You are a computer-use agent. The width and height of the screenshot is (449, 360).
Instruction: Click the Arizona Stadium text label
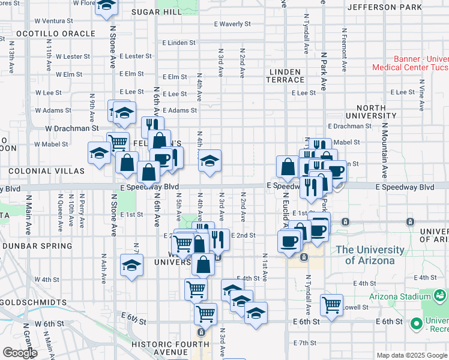[399, 296]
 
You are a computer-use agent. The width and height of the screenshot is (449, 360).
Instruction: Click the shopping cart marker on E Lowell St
[331, 305]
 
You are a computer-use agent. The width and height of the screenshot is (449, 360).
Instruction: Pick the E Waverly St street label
[232, 24]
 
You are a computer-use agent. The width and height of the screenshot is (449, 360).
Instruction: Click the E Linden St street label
[178, 43]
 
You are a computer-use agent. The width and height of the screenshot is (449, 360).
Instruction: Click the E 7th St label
[305, 343]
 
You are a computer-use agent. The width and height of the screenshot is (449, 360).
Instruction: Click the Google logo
[20, 353]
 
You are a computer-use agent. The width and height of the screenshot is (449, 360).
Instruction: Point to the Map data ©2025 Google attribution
[412, 355]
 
